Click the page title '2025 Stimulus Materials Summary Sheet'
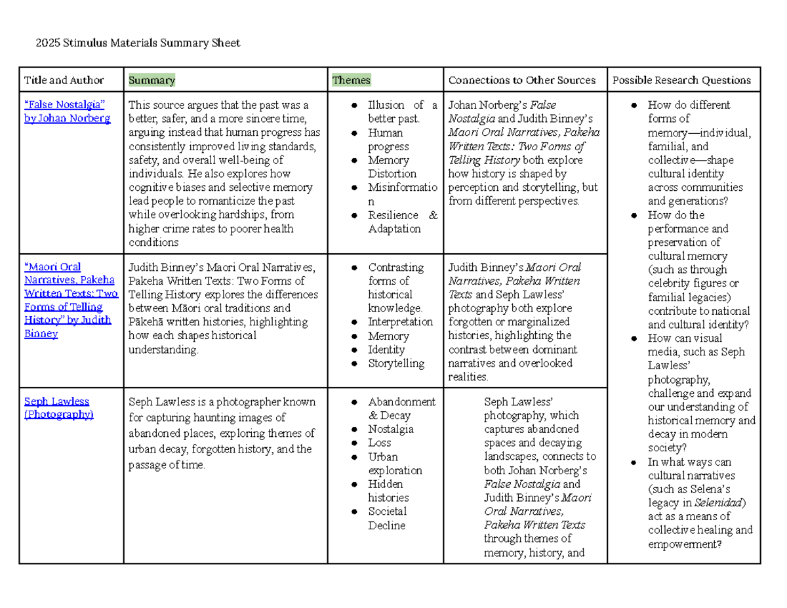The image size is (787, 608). [x=132, y=43]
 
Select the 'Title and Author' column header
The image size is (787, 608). [x=64, y=80]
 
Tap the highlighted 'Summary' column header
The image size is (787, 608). [x=152, y=80]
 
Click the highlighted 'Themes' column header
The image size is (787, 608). [x=352, y=80]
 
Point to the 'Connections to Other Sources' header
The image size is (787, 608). [x=521, y=80]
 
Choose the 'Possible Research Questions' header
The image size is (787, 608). [x=681, y=80]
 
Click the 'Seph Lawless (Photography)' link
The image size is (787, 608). [x=58, y=408]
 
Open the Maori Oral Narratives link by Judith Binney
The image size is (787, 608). [x=71, y=300]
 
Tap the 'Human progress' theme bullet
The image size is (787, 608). [x=388, y=140]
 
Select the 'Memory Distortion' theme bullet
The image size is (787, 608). [x=392, y=167]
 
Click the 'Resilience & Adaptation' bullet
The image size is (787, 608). [x=401, y=222]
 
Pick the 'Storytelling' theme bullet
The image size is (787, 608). [x=396, y=363]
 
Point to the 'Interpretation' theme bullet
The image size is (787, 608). [x=400, y=322]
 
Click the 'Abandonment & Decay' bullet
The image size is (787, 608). [x=401, y=408]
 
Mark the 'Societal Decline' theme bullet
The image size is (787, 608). [x=387, y=518]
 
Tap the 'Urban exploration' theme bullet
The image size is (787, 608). [x=395, y=464]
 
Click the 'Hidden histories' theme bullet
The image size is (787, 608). [x=388, y=491]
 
